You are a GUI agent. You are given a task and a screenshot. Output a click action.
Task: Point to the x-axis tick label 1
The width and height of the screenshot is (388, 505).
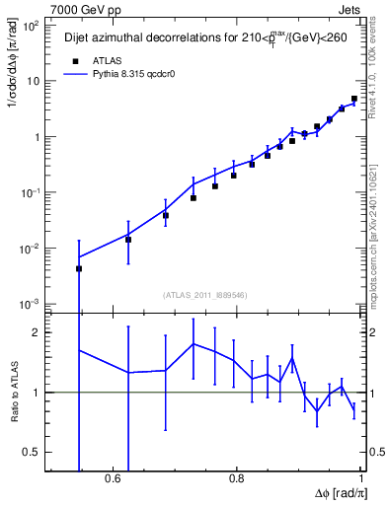coord(360,478)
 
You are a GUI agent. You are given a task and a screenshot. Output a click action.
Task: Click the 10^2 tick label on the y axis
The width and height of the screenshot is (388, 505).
coord(30,27)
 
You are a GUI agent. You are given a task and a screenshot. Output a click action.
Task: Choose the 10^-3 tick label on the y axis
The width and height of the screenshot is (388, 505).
coord(30,304)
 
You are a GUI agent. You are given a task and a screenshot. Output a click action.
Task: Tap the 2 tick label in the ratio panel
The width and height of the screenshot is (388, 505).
coord(37,332)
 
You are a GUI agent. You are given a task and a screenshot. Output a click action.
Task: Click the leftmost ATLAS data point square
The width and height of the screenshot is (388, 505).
coord(79,268)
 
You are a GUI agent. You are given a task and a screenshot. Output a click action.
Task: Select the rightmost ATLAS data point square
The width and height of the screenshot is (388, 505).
coord(354,99)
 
